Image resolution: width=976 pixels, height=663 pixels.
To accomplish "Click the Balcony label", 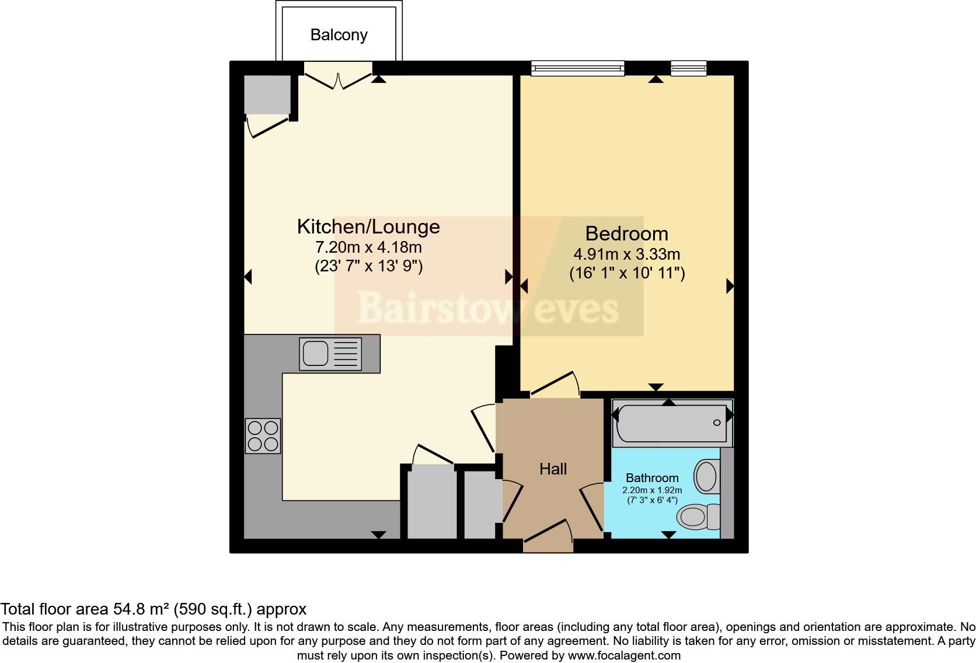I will coord(339,35).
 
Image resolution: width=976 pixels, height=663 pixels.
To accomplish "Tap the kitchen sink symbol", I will coord(330,354).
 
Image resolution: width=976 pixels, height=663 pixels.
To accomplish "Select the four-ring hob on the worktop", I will coord(263,436).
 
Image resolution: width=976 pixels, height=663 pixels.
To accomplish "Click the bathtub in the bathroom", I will coord(671,423).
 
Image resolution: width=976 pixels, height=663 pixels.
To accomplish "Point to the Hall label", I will coord(553,469).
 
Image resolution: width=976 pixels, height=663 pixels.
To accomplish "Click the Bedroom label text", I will coord(626,233).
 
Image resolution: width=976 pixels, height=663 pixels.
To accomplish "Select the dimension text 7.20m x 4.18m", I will coord(368,247).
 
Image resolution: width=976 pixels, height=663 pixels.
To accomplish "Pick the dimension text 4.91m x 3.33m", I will coord(626,254).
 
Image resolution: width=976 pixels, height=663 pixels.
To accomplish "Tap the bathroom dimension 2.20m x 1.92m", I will coord(653,490).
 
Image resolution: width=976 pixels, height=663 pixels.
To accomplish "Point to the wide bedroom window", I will coord(577,68).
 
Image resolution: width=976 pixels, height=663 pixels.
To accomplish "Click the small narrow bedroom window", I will coord(688,68).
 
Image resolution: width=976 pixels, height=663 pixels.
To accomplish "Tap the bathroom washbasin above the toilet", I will coord(707,476).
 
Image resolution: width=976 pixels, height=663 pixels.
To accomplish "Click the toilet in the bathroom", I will coord(698,517).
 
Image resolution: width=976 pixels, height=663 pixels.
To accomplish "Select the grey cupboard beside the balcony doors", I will coord(267,94).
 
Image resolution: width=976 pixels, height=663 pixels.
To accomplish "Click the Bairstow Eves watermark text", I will coord(488,308).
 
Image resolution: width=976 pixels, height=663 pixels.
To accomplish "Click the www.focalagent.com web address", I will coord(624,655).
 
